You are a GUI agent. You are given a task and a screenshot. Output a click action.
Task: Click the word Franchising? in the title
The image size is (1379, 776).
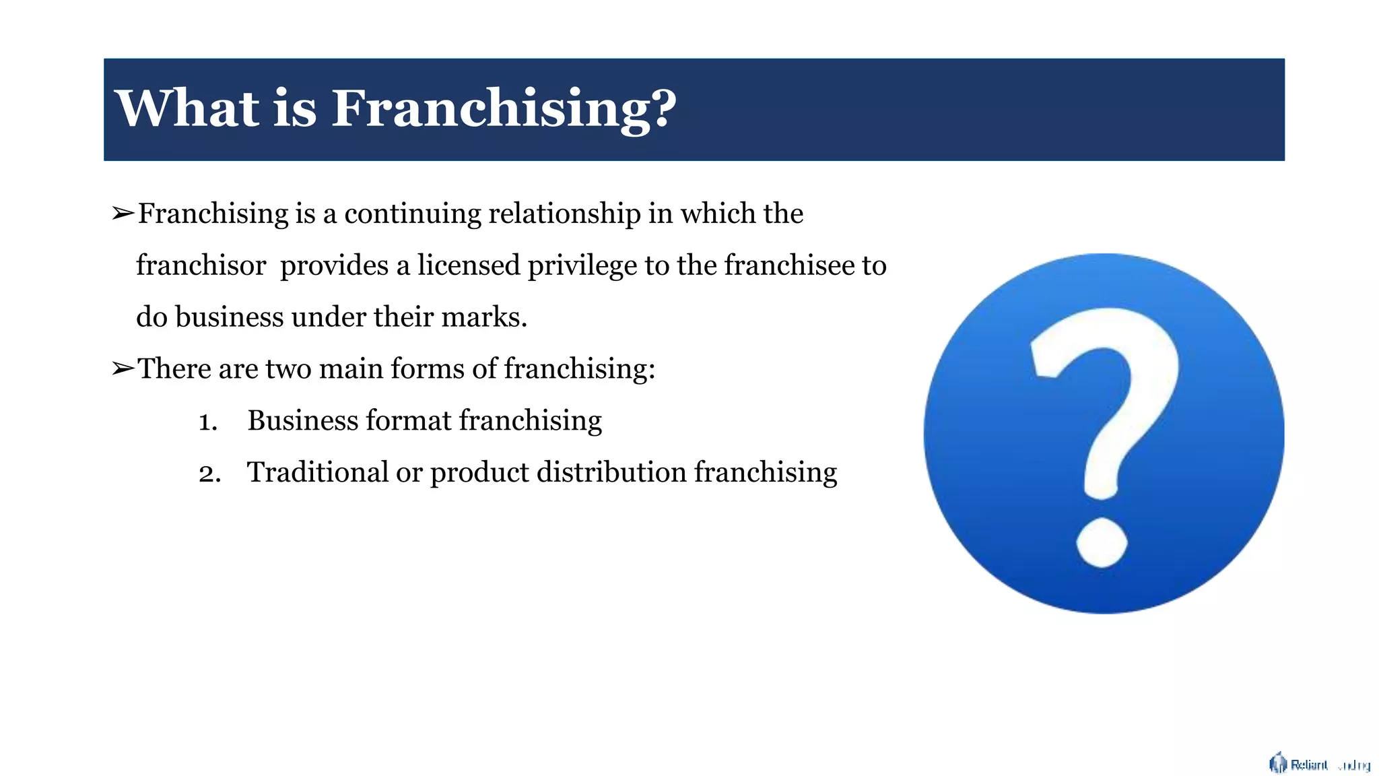tap(504, 109)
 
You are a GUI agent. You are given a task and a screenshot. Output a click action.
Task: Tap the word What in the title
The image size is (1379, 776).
tap(187, 108)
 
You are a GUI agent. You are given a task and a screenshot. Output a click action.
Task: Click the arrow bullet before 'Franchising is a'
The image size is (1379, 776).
tap(123, 214)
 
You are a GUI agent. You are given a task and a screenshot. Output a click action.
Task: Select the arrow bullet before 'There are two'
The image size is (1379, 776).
tap(123, 368)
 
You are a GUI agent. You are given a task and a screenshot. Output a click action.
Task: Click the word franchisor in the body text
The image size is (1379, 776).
tap(201, 265)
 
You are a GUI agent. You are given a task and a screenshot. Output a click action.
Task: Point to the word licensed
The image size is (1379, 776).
tap(468, 265)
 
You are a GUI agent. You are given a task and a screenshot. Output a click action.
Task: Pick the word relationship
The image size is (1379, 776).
tap(564, 214)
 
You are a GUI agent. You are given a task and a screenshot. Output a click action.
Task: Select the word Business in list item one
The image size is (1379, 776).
tap(302, 420)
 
